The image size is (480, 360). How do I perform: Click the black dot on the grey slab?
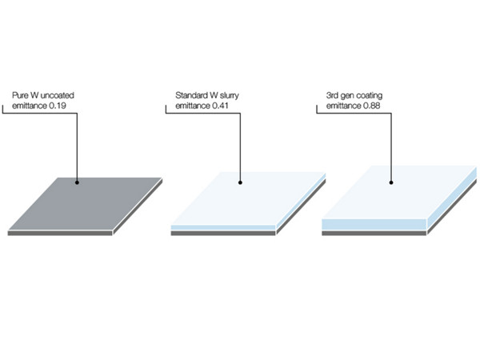point(78,182)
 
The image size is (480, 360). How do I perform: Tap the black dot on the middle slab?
point(240,182)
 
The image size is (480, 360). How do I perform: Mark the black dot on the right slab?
point(391,182)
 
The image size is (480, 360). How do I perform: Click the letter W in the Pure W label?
point(34,96)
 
